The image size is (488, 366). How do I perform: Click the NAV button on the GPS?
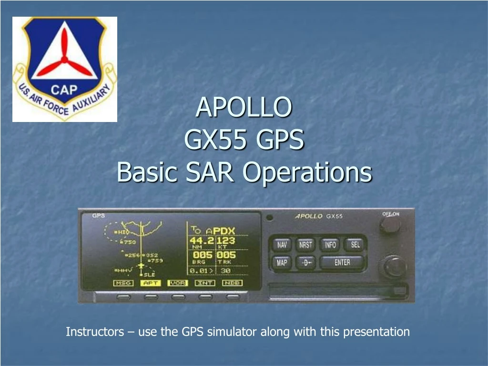pos(282,245)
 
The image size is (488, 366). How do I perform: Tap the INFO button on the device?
pos(330,245)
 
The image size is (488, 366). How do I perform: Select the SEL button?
pos(356,245)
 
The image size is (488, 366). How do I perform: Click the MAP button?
pos(282,263)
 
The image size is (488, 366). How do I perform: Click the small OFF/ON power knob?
pos(390,225)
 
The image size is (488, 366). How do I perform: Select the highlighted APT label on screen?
pos(151,283)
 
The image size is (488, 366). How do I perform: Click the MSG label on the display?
pos(123,283)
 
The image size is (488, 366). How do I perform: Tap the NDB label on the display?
pos(232,283)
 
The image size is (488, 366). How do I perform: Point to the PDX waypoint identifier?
pos(224,231)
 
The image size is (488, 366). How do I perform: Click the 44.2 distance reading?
pos(202,241)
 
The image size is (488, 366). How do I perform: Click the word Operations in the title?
pos(307,172)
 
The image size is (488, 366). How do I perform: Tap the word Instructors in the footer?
pos(94,332)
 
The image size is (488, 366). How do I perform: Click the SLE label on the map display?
pos(150,275)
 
